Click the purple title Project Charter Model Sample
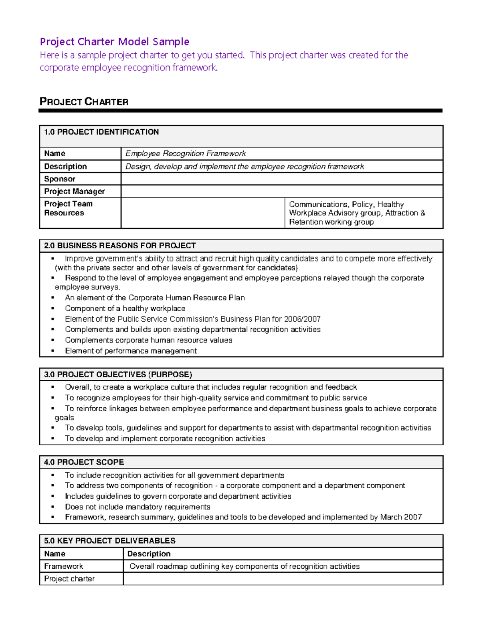pos(114,42)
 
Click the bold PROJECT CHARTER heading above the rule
pos(84,102)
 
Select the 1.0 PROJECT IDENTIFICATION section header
pos(101,132)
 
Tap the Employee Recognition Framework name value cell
pos(185,153)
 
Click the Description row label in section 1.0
pos(65,166)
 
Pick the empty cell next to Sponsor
pos(281,179)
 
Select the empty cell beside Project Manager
pos(281,191)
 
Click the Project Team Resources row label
pos(68,208)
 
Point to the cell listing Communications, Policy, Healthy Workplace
pos(357,213)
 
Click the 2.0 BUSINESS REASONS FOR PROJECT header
pos(120,246)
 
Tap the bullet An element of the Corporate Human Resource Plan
pos(155,298)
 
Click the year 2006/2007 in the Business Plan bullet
pos(302,319)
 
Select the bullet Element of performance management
pos(131,351)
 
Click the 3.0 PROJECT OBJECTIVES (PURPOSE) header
pos(118,374)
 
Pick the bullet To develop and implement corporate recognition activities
pos(165,439)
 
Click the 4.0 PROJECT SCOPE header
pos(84,462)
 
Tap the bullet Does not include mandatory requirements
pos(137,507)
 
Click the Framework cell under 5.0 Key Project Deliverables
pos(64,566)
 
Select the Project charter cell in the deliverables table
pos(69,579)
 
